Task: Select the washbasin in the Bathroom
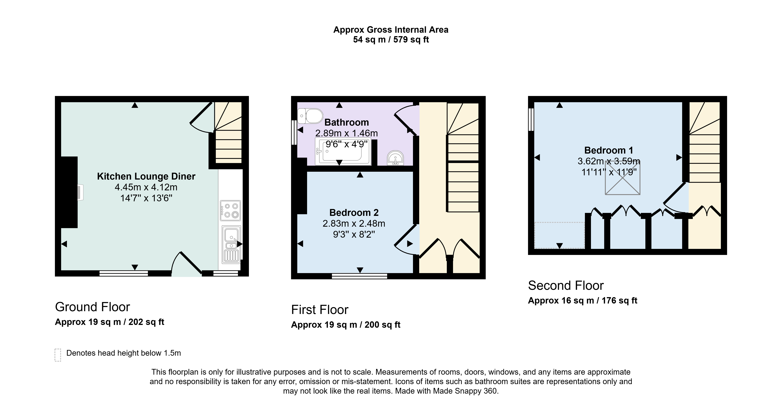point(395,158)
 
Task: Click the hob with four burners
point(230,210)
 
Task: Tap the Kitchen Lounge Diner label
point(146,176)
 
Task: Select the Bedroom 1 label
point(609,150)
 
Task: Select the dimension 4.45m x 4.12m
point(146,187)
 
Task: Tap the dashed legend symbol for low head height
point(58,355)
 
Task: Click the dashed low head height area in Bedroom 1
point(559,235)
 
